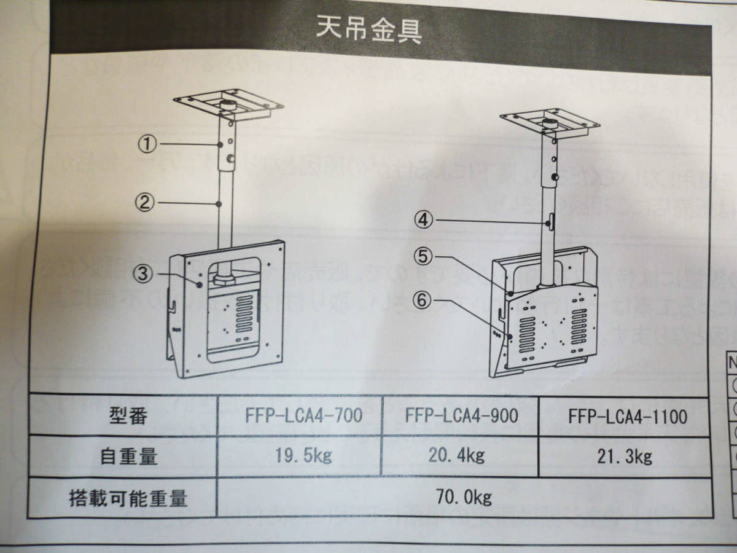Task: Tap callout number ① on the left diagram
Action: pos(146,144)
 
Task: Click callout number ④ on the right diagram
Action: pos(424,218)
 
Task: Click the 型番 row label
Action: pos(130,417)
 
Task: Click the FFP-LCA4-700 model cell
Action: pos(300,416)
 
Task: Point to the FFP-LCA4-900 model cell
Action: pos(461,416)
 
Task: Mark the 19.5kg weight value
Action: pos(302,455)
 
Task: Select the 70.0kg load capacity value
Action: pos(464,496)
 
